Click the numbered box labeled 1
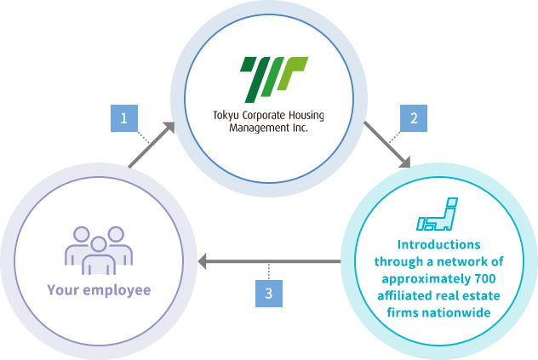click(x=124, y=118)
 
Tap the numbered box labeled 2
click(x=414, y=118)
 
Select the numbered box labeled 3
click(x=269, y=293)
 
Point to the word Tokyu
click(x=227, y=117)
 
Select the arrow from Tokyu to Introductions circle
click(x=386, y=144)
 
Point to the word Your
click(x=63, y=290)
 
